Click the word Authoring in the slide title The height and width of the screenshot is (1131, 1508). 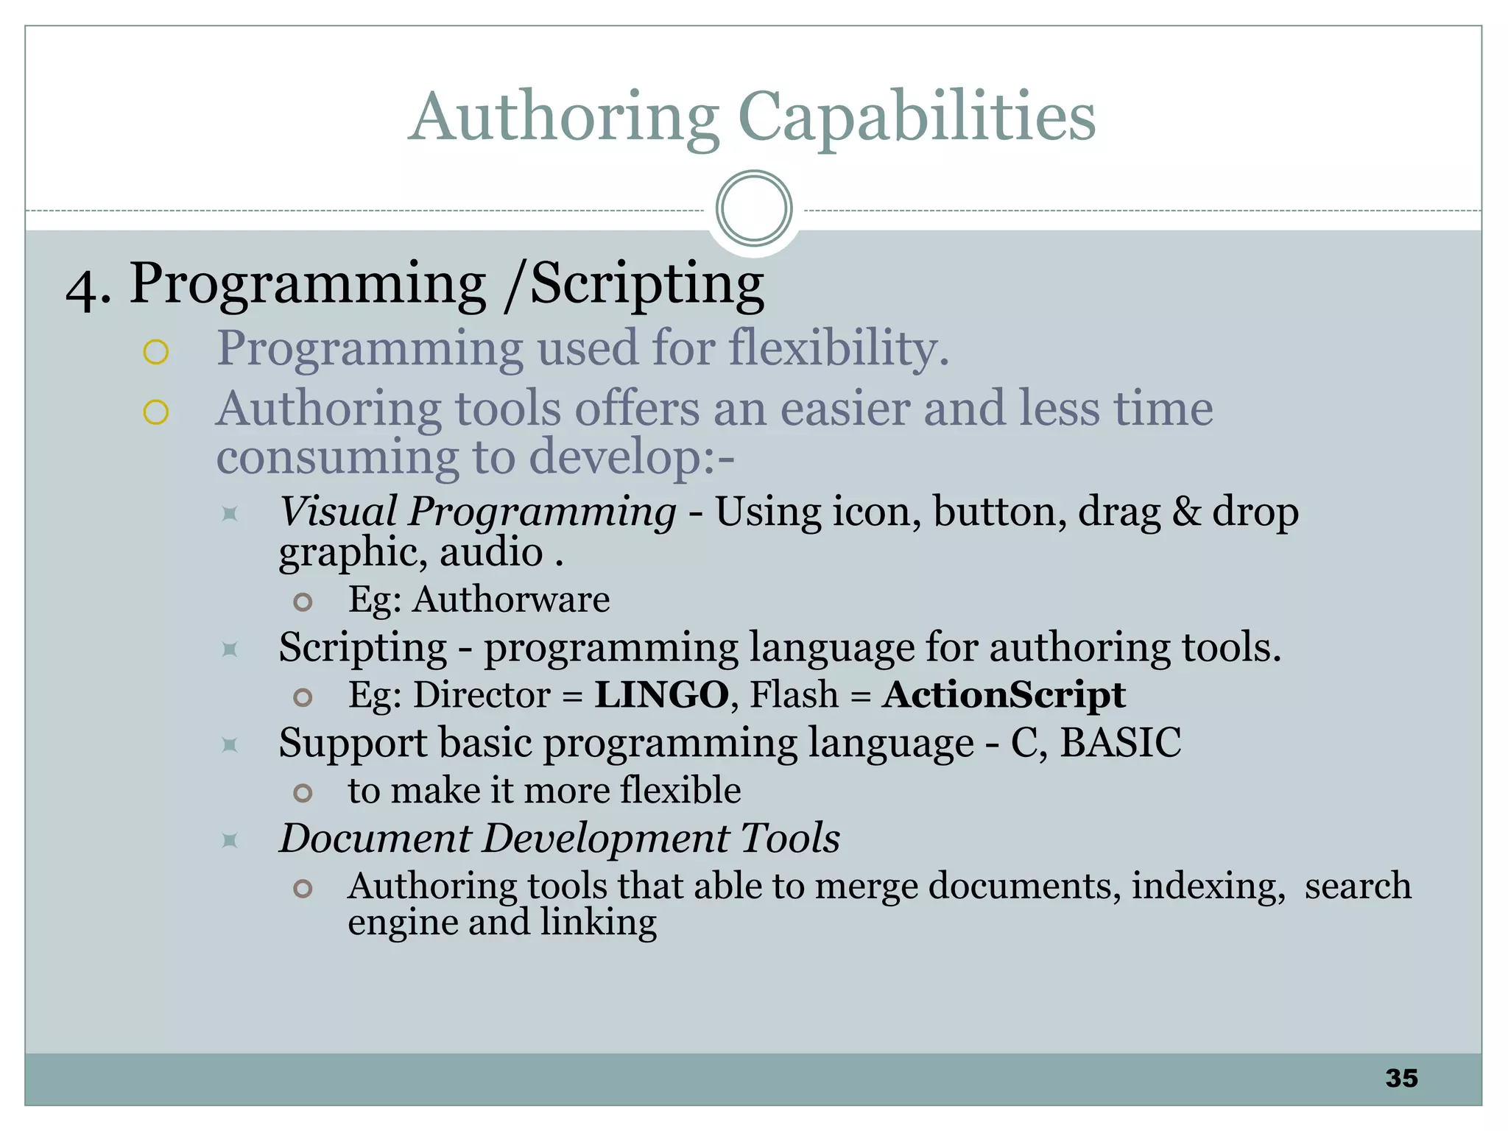(564, 118)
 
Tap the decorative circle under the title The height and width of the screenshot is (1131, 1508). (753, 208)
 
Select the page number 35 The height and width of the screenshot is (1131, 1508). (1401, 1078)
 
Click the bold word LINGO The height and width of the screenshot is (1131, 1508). (661, 694)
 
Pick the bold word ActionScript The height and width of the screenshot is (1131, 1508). (1004, 694)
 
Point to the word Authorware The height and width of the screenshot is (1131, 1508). (511, 599)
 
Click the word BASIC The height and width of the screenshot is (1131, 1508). (1121, 742)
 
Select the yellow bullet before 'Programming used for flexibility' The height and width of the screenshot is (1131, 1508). (156, 352)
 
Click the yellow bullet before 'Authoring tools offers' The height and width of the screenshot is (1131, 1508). (156, 412)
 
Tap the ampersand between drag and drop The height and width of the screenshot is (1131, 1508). (1186, 512)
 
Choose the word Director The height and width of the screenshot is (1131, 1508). (482, 694)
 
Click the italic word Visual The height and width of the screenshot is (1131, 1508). (337, 511)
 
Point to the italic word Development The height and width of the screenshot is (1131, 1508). (604, 838)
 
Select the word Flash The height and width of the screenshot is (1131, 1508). (794, 694)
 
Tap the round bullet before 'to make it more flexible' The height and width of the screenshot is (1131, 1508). (303, 793)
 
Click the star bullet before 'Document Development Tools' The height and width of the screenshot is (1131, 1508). (230, 840)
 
